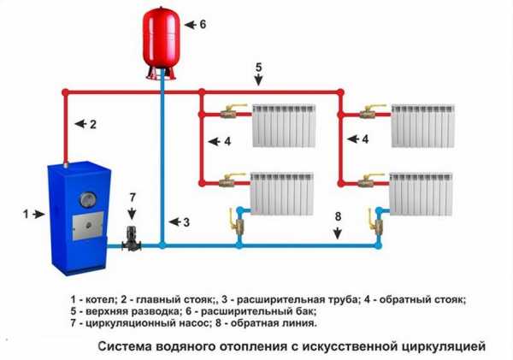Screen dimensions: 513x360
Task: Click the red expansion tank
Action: coord(162,43)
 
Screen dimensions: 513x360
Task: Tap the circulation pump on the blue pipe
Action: coord(132,239)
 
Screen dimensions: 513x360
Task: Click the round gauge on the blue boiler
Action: coord(88,199)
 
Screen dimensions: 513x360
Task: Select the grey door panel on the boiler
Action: coord(88,226)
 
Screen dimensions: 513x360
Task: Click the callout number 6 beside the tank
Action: coord(203,24)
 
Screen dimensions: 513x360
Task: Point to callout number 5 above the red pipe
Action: coord(259,68)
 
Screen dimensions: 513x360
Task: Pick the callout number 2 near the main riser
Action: coord(93,124)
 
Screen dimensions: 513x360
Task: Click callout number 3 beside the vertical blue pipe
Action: coord(186,222)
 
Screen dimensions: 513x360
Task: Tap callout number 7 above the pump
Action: coord(133,198)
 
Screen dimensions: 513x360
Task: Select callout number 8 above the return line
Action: coord(338,216)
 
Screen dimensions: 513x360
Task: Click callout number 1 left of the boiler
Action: coord(26,215)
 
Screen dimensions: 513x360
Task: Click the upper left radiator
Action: coord(284,126)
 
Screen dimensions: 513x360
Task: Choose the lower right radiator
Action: coord(421,194)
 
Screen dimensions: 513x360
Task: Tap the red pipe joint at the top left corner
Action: coord(66,92)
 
